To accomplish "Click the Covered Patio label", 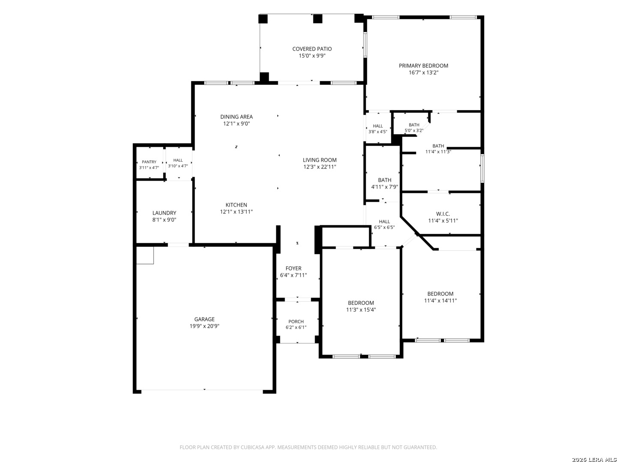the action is [312, 49].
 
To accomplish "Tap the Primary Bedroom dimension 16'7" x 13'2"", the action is [423, 72].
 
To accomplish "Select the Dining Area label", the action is [237, 117].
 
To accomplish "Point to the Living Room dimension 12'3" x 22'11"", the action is [320, 167].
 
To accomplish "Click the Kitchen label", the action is [237, 205].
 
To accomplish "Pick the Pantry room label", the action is [149, 162].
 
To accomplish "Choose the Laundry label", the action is [164, 213].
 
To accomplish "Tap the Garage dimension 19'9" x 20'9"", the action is [204, 326].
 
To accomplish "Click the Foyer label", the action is [294, 268].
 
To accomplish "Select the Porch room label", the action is [296, 322].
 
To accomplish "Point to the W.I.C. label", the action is [443, 214].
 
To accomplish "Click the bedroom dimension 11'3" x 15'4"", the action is [361, 310].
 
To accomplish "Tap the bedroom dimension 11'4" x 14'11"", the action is [440, 301].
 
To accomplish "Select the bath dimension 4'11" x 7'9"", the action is [384, 187].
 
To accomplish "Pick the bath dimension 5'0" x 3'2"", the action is [414, 131].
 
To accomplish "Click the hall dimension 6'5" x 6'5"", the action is [384, 227].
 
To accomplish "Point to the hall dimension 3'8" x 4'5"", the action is [378, 132].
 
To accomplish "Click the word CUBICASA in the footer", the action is [252, 447].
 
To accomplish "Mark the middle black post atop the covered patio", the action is [317, 18].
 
